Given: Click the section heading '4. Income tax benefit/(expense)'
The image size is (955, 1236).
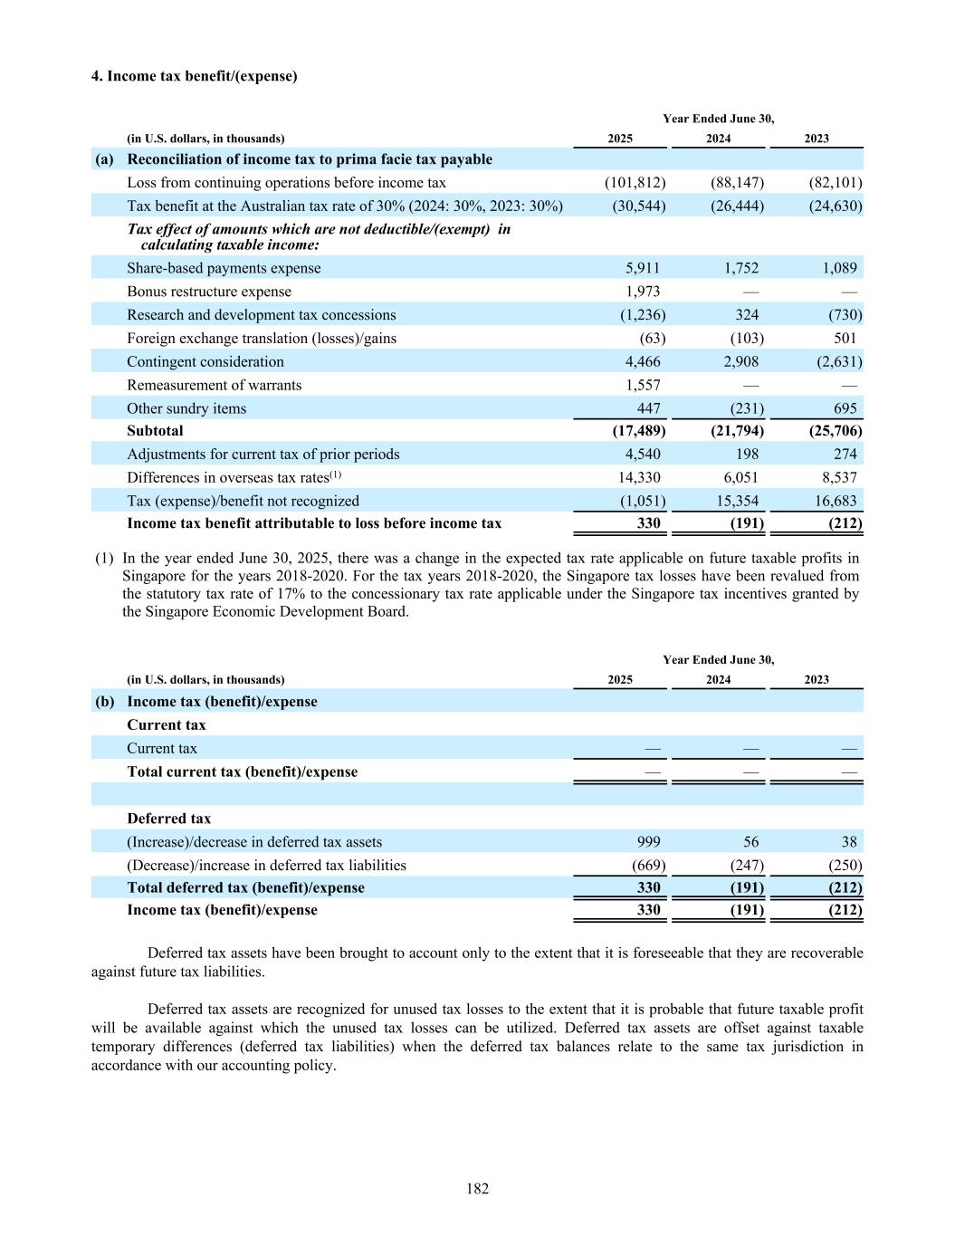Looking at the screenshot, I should pyautogui.click(x=194, y=76).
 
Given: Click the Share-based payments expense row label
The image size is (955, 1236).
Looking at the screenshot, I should pyautogui.click(x=224, y=268).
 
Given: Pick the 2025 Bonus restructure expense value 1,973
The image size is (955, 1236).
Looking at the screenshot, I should pyautogui.click(x=643, y=292).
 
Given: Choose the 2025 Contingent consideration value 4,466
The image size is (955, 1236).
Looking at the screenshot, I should pyautogui.click(x=643, y=361).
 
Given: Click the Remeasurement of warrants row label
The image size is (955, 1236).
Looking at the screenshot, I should pyautogui.click(x=214, y=385).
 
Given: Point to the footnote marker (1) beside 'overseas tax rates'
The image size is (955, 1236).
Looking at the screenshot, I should pyautogui.click(x=336, y=474).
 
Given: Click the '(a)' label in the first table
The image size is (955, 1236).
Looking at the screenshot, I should pyautogui.click(x=104, y=159).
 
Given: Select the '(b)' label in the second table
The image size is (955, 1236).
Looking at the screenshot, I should pyautogui.click(x=104, y=702).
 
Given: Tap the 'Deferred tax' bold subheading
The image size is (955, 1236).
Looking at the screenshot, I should pyautogui.click(x=168, y=819).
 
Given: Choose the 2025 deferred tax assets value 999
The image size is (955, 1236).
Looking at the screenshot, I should pyautogui.click(x=648, y=842).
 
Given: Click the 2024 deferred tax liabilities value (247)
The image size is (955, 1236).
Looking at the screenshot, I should pyautogui.click(x=747, y=865).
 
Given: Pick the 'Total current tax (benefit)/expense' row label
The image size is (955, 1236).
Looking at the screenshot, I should pyautogui.click(x=242, y=772).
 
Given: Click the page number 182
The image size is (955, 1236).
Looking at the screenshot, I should pyautogui.click(x=477, y=1189).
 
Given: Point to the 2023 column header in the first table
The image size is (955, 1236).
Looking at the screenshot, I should pyautogui.click(x=817, y=139).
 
